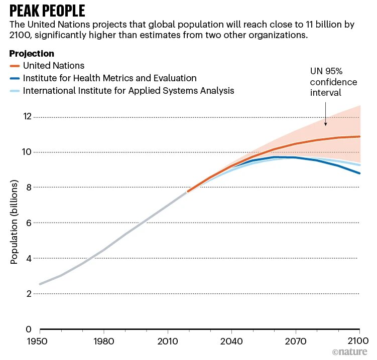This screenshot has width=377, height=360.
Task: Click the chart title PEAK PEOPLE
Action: point(47,11)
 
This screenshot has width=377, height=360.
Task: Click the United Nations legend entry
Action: point(54,66)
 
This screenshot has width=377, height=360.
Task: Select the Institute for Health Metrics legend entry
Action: point(109,78)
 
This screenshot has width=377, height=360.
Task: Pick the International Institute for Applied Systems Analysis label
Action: point(129,91)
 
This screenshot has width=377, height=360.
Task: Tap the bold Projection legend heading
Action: point(32,54)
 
